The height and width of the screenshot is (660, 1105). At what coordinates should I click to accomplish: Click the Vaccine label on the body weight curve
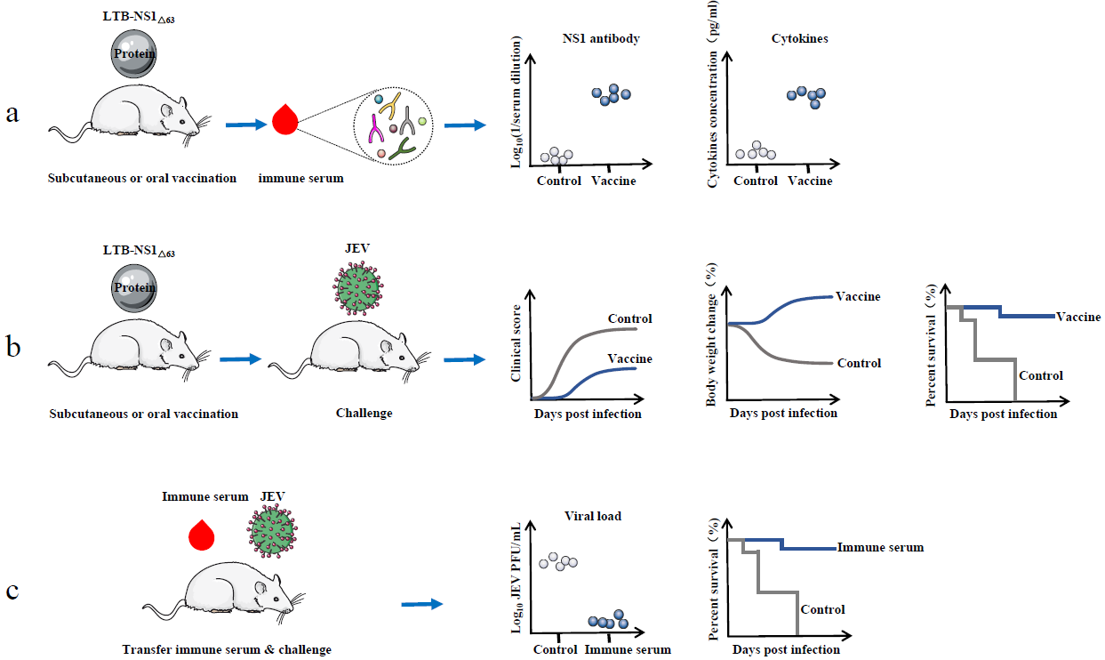(x=858, y=296)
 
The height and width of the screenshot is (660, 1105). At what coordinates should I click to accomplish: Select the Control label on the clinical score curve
(x=629, y=318)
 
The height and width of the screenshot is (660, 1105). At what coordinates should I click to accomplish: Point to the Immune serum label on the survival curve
(x=880, y=547)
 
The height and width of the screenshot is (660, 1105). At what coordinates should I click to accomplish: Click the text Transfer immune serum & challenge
(x=227, y=649)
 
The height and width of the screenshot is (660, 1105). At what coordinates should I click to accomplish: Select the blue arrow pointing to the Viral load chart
(x=421, y=604)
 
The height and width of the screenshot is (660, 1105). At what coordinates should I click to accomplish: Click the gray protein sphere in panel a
(x=134, y=52)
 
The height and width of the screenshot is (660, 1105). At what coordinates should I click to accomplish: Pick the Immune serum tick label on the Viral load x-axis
(x=628, y=649)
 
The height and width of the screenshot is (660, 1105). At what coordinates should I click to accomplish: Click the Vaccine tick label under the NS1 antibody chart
(x=613, y=181)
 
